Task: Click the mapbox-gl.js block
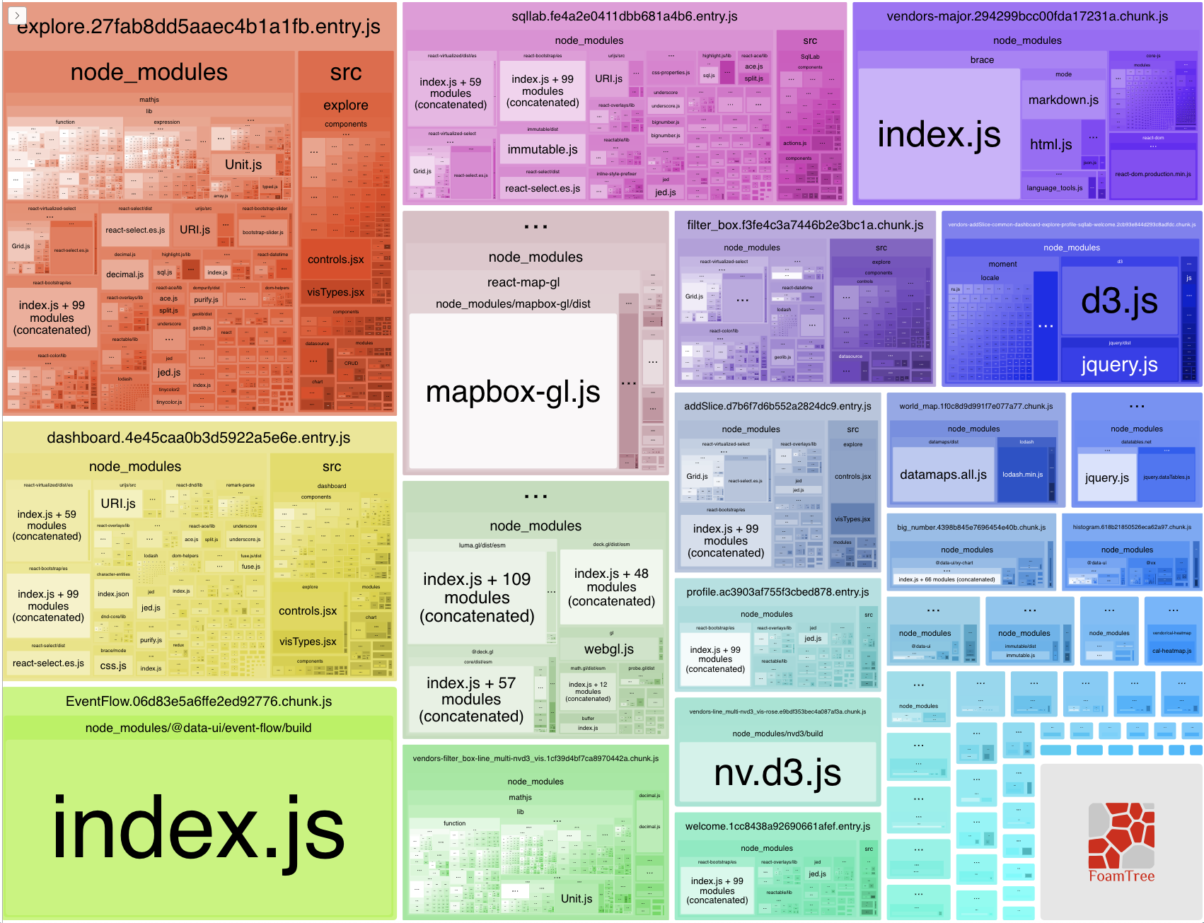[x=513, y=391]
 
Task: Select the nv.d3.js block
[x=777, y=772]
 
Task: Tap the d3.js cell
[x=1119, y=301]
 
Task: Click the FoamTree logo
[x=1121, y=842]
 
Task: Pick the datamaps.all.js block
[x=943, y=475]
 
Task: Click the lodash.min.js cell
[x=1022, y=475]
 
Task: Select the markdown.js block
[x=1063, y=100]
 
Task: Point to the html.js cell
[x=1050, y=145]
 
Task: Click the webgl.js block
[x=608, y=649]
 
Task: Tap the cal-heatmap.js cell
[x=1171, y=651]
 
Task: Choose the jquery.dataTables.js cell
[x=1167, y=477]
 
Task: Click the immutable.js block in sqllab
[x=543, y=150]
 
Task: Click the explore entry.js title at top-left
[x=199, y=27]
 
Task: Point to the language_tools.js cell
[x=1055, y=188]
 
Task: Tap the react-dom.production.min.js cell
[x=1153, y=174]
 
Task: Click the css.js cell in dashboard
[x=113, y=666]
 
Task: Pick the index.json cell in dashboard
[x=113, y=594]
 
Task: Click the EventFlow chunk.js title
[x=199, y=702]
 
